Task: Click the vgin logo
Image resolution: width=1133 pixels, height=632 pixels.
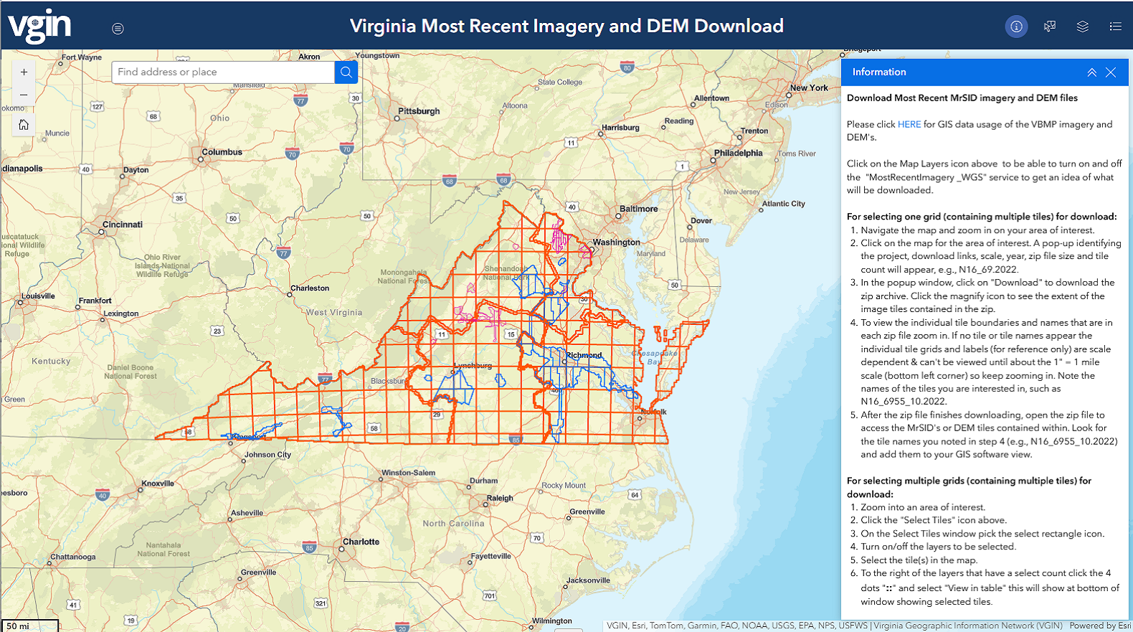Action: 39,27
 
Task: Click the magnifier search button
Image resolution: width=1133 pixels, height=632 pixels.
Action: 346,72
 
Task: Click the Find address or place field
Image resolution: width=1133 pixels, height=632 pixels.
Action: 222,72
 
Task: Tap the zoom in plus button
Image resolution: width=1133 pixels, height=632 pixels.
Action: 24,72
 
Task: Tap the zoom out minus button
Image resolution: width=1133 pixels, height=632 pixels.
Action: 24,95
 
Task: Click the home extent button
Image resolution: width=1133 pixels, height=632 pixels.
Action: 24,125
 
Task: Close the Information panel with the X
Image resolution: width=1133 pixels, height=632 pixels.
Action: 1111,72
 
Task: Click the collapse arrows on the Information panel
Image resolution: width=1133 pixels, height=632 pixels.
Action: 1091,72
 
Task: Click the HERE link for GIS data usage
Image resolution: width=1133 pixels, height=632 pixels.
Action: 909,124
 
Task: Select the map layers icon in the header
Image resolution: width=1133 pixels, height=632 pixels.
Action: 1083,27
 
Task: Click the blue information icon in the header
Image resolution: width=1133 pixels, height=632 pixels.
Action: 1016,27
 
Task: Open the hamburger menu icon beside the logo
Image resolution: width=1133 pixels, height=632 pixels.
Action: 118,29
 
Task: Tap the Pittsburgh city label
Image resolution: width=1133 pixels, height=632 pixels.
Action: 419,111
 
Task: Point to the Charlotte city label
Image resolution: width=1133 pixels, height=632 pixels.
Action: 361,542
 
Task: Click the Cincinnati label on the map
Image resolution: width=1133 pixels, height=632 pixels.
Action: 122,225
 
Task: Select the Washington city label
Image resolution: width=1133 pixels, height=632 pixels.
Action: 616,242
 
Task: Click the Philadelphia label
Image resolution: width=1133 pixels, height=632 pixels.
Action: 738,153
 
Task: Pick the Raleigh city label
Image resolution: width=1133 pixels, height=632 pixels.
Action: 500,498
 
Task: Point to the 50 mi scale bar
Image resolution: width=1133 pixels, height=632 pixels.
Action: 29,626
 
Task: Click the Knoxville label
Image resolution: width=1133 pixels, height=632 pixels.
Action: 158,484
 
